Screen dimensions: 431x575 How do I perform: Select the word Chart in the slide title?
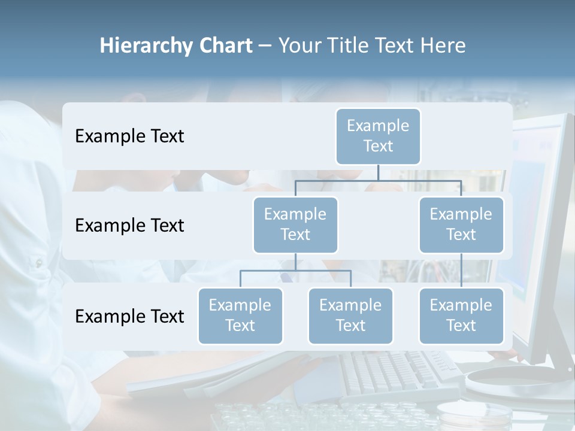tap(226, 45)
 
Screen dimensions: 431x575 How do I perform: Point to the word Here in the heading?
tap(443, 45)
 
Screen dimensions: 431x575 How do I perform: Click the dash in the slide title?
tap(265, 46)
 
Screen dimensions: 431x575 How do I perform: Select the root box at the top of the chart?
tap(378, 136)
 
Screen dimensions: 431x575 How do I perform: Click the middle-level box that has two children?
tap(295, 224)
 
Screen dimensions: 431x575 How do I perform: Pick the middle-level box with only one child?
tap(461, 224)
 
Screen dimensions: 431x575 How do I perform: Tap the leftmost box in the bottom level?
tap(240, 315)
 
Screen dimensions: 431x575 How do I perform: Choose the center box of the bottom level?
tap(350, 315)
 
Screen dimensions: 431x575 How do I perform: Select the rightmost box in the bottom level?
tap(461, 315)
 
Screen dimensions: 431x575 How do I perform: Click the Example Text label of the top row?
tap(129, 136)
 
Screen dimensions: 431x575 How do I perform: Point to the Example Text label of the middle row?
tap(129, 226)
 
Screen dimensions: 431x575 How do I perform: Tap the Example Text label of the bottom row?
tap(129, 316)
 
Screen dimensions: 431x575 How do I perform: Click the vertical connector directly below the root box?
tap(378, 172)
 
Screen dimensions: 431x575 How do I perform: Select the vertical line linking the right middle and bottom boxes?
tap(461, 270)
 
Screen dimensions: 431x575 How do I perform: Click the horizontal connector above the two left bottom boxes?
tap(295, 271)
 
